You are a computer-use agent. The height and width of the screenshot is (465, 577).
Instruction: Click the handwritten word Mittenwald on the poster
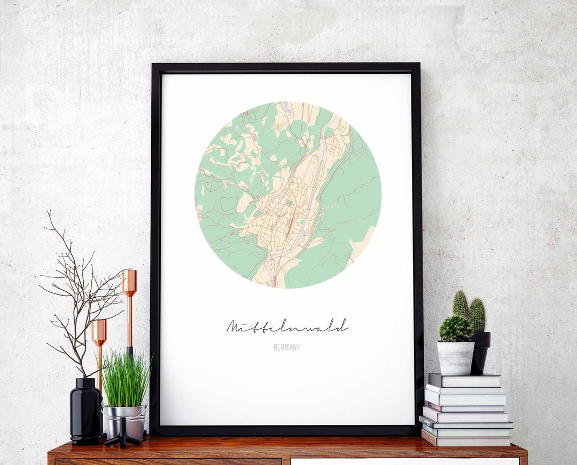[x=287, y=325]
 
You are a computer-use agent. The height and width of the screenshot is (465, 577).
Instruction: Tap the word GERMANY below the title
[x=287, y=347]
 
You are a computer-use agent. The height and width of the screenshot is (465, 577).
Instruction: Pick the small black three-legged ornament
[x=122, y=433]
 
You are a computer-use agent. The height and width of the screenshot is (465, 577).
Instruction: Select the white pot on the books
[x=456, y=358]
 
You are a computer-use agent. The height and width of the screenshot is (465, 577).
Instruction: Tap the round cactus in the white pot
[x=455, y=329]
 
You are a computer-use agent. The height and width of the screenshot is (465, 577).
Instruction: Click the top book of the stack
[x=465, y=380]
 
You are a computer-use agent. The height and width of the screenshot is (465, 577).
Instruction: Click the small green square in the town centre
[x=288, y=204]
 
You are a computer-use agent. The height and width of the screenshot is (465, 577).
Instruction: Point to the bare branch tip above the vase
[x=49, y=214]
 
